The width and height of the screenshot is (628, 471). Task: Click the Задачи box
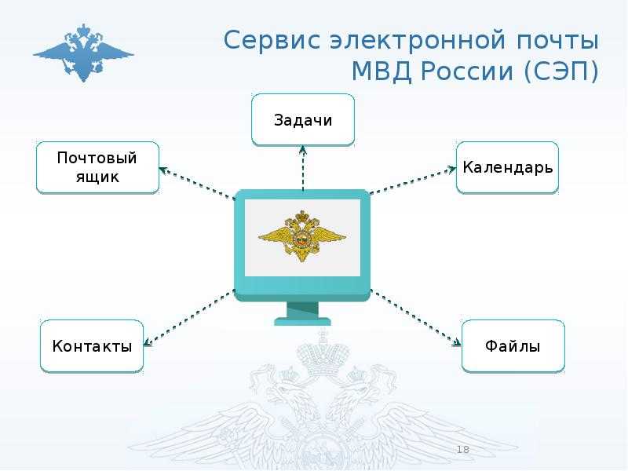point(303,120)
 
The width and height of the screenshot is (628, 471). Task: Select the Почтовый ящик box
point(98,167)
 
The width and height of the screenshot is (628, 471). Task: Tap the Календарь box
point(507,167)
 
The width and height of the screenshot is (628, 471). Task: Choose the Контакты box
point(92,346)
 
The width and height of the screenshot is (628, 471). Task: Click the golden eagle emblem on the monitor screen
point(302,236)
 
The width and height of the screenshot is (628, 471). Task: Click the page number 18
point(462,450)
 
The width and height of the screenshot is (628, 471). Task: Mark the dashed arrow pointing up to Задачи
point(303,168)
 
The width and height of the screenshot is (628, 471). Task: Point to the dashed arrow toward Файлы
point(416,317)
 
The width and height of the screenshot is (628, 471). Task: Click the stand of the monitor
point(302,313)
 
